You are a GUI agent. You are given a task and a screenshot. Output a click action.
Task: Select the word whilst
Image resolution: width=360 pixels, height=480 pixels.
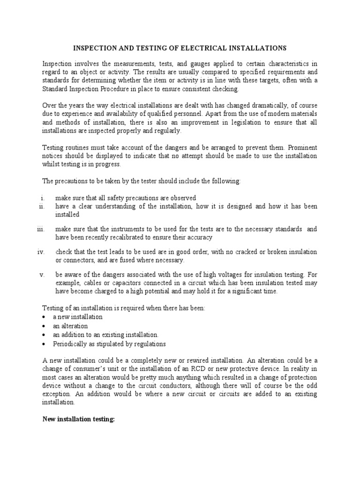52,164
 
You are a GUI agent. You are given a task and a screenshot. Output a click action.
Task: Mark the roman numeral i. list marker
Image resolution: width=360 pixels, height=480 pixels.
42,197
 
